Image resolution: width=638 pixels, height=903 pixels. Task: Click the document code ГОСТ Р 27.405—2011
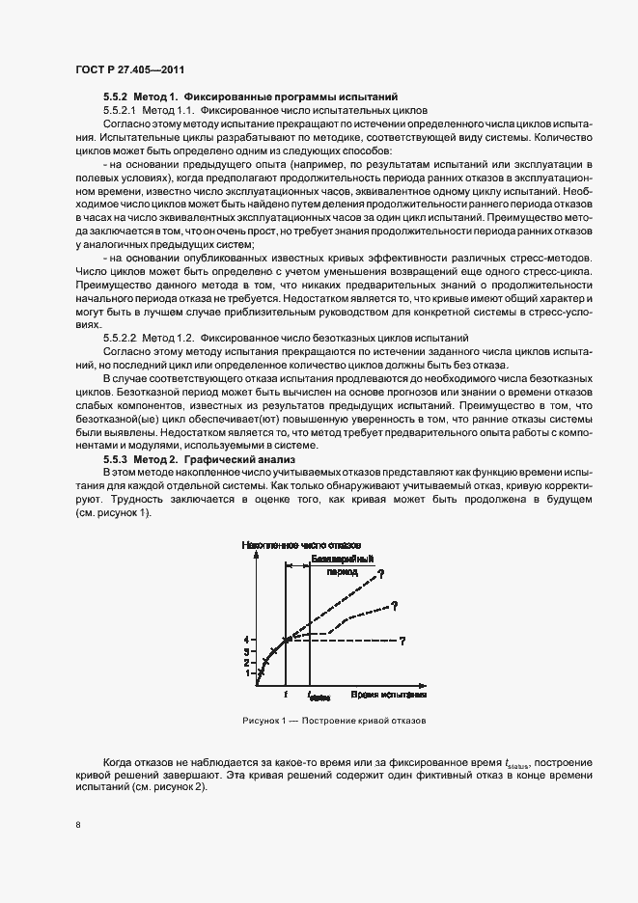pyautogui.click(x=129, y=70)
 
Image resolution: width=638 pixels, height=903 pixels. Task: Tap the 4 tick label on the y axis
pyautogui.click(x=248, y=640)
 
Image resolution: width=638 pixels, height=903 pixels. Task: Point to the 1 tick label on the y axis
pyautogui.click(x=248, y=672)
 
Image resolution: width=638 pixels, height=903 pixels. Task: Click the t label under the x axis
pyautogui.click(x=286, y=694)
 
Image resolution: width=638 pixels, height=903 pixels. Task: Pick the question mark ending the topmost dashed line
pyautogui.click(x=380, y=575)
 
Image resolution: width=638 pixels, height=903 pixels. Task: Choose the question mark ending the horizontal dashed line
pyautogui.click(x=401, y=641)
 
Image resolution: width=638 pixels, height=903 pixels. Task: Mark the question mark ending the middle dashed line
pyautogui.click(x=396, y=605)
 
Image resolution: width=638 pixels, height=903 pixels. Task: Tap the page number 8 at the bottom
pyautogui.click(x=77, y=825)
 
